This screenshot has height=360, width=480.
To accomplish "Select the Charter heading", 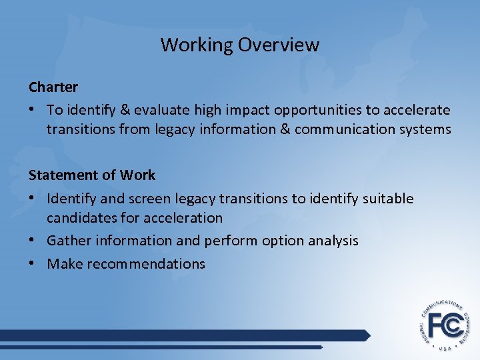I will pyautogui.click(x=53, y=87).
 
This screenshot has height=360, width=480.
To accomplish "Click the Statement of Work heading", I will pyautogui.click(x=92, y=175).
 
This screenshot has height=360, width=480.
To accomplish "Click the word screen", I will pyautogui.click(x=153, y=199).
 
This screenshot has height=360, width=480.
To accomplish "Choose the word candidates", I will pyautogui.click(x=79, y=217).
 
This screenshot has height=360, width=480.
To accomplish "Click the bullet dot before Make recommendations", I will pyautogui.click(x=33, y=263).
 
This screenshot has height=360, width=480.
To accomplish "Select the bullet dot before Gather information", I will pyautogui.click(x=33, y=240).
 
